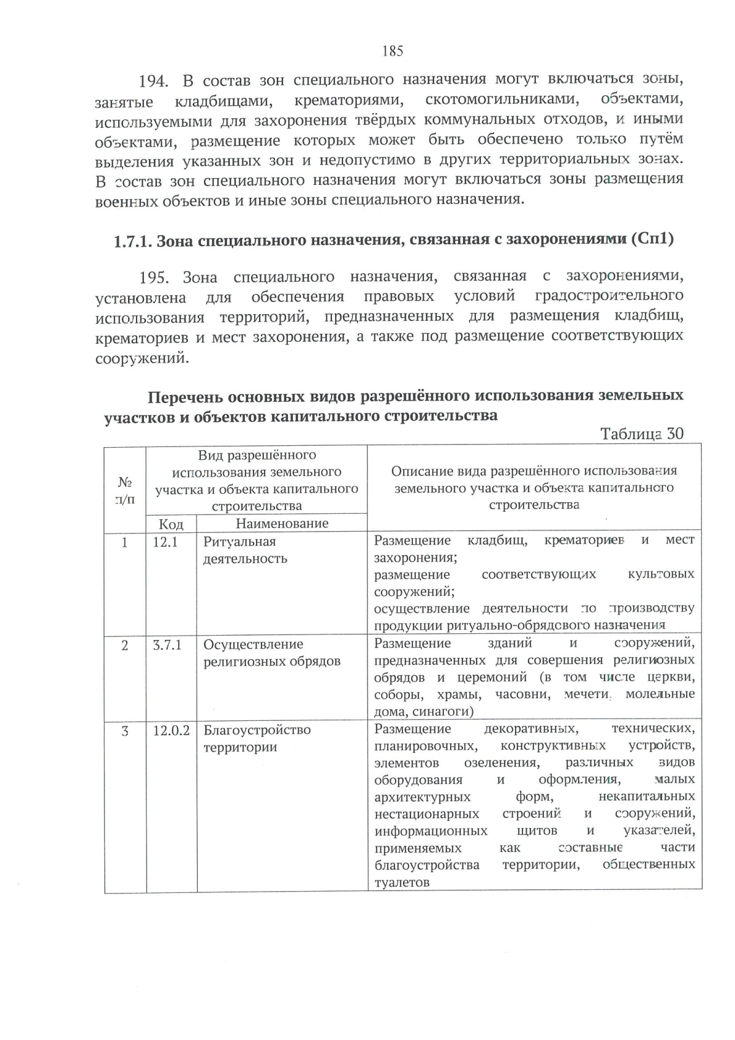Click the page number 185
[393, 51]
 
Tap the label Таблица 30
[641, 434]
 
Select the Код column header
[171, 524]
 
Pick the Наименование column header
[282, 524]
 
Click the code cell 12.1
[165, 542]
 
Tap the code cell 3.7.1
[167, 645]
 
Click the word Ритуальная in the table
[239, 542]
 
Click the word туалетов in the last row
[401, 883]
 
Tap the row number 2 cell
[125, 645]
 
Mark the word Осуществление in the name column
[253, 645]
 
